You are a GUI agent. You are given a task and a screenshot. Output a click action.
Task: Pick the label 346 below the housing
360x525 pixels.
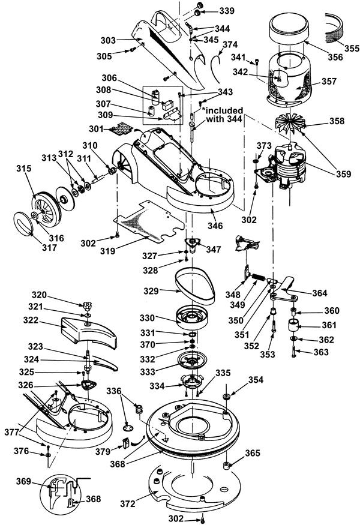click(x=214, y=226)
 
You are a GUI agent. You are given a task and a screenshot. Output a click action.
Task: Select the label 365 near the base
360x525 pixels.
click(x=252, y=453)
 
